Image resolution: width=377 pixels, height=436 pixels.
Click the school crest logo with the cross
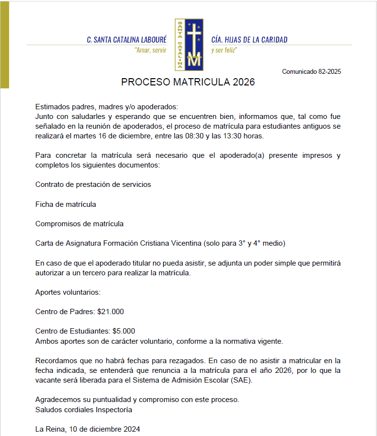click(x=189, y=45)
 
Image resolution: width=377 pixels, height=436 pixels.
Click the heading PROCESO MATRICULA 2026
click(x=188, y=82)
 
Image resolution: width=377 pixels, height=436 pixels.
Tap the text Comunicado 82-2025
click(x=311, y=72)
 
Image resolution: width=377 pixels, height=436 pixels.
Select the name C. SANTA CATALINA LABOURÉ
click(x=126, y=40)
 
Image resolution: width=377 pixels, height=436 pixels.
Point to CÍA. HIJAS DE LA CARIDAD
click(x=249, y=40)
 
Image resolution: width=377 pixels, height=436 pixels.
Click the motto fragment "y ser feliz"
click(x=224, y=50)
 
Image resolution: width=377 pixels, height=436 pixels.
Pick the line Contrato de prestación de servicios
click(x=93, y=184)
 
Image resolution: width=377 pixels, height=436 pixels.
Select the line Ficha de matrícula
click(x=66, y=204)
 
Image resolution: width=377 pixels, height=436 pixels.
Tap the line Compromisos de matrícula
click(x=79, y=224)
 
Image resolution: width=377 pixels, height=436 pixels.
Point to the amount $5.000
click(x=123, y=331)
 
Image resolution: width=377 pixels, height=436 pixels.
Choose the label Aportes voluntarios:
click(x=68, y=292)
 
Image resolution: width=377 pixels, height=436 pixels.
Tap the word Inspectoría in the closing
click(x=114, y=409)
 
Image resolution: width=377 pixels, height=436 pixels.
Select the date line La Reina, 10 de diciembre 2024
click(x=88, y=429)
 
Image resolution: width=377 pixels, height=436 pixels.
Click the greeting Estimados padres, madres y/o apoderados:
click(x=107, y=107)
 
